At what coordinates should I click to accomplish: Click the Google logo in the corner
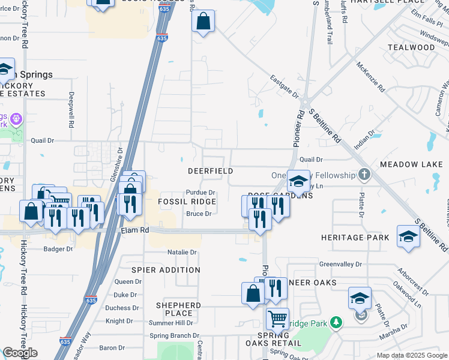pyautogui.click(x=20, y=353)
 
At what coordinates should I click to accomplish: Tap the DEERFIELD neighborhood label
pyautogui.click(x=210, y=171)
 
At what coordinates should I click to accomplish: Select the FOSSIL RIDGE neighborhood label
pyautogui.click(x=187, y=202)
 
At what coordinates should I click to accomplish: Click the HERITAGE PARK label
pyautogui.click(x=355, y=238)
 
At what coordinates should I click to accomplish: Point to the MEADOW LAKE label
pyautogui.click(x=411, y=164)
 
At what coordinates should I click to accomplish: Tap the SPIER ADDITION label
pyautogui.click(x=166, y=270)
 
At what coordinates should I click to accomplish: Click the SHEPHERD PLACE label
pyautogui.click(x=178, y=309)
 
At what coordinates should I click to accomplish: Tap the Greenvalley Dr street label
pyautogui.click(x=340, y=264)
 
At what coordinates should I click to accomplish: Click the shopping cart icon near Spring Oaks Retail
pyautogui.click(x=277, y=319)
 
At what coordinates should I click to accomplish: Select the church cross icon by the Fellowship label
pyautogui.click(x=364, y=175)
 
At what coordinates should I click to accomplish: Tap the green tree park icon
pyautogui.click(x=337, y=322)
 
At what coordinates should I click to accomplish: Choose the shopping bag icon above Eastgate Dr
pyautogui.click(x=203, y=21)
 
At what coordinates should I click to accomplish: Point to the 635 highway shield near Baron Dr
pyautogui.click(x=65, y=341)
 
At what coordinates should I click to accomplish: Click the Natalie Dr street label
pyautogui.click(x=182, y=252)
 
